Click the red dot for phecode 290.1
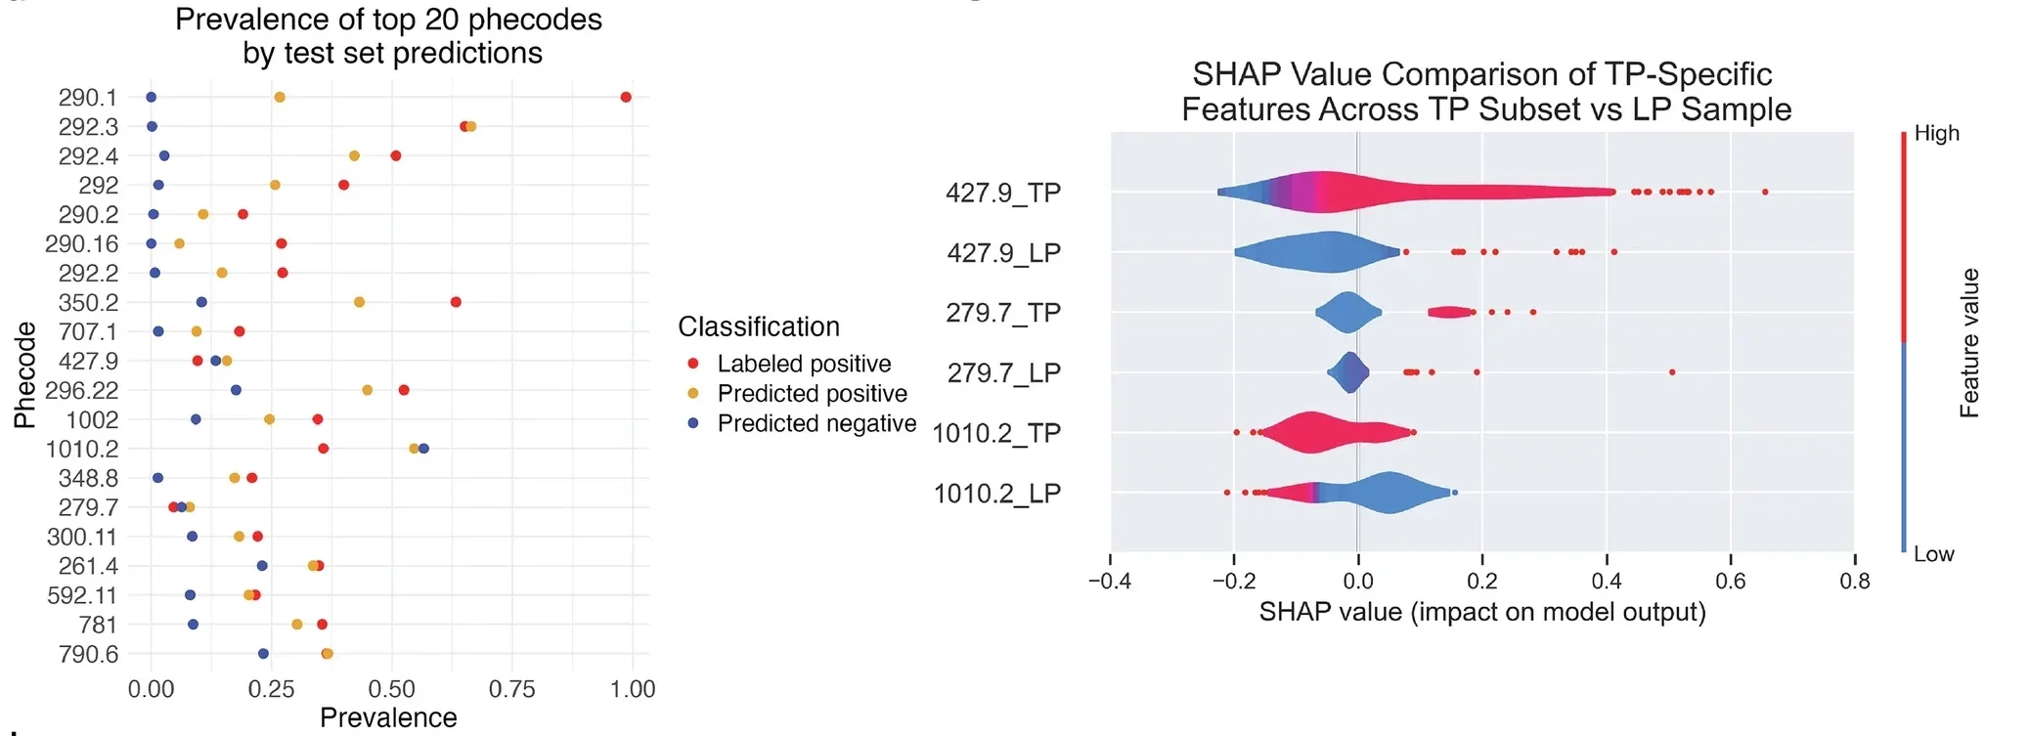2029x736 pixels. click(x=626, y=97)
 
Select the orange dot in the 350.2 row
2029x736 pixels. click(x=359, y=302)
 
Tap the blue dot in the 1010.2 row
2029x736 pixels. click(x=423, y=449)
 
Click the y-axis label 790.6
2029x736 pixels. click(x=88, y=654)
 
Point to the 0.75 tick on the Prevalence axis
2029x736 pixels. click(x=511, y=689)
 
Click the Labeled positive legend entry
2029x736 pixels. click(x=804, y=364)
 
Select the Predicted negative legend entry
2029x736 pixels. click(x=816, y=423)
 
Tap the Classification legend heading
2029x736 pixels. click(x=759, y=326)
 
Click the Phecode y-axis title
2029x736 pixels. click(x=24, y=375)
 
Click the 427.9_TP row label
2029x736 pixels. click(x=1002, y=193)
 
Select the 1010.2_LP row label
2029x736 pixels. click(x=996, y=494)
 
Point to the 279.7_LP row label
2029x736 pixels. click(x=1003, y=373)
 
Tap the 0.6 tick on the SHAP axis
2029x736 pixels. click(x=1730, y=581)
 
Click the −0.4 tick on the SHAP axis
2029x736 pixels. click(x=1109, y=581)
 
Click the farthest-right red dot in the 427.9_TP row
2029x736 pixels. click(x=1765, y=192)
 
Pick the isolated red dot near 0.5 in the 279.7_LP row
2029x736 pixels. click(x=1672, y=372)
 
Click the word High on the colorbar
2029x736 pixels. click(x=1936, y=133)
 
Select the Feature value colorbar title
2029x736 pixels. click(x=1968, y=343)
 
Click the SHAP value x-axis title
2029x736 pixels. click(x=1481, y=612)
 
